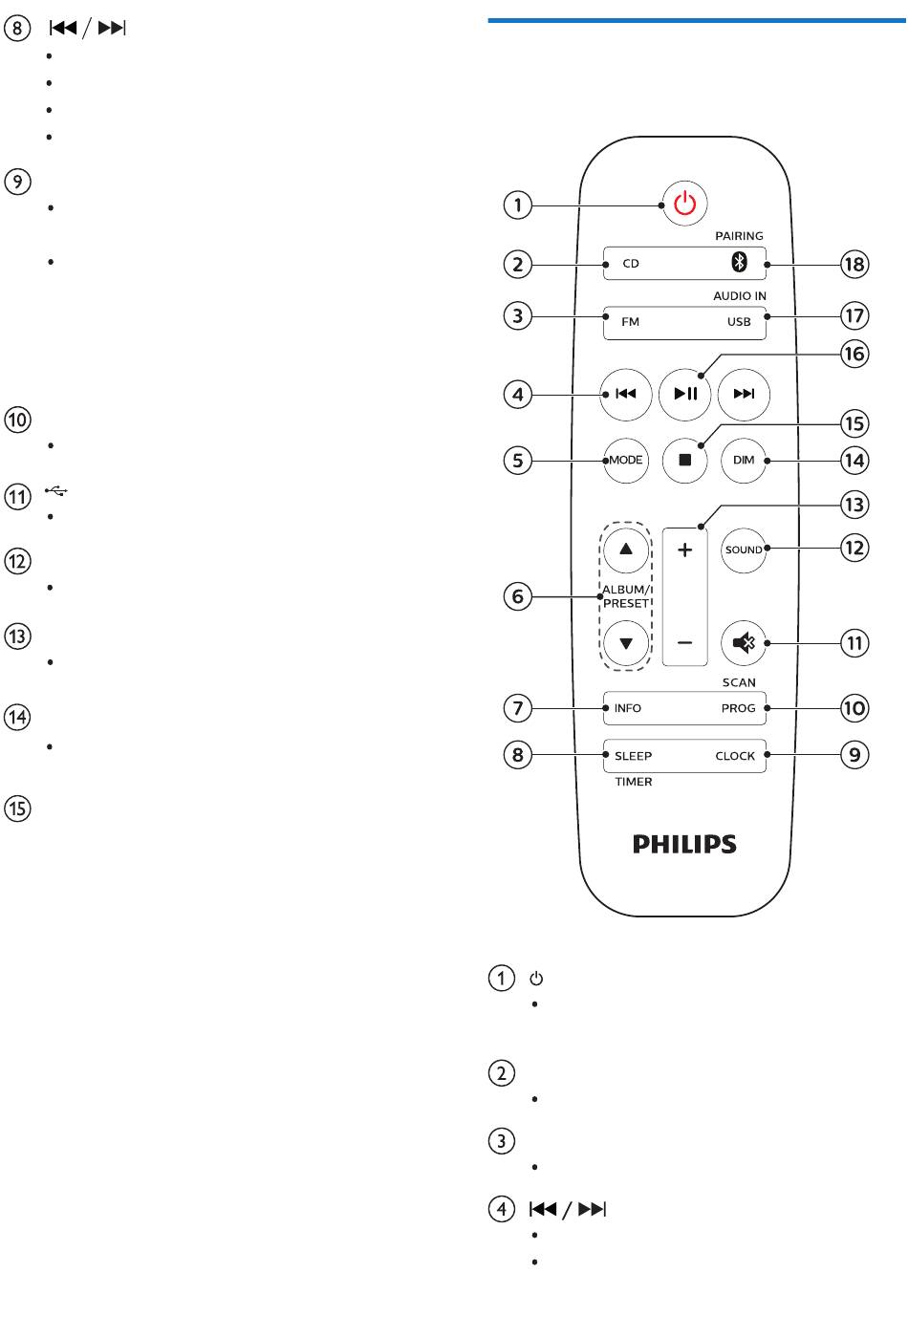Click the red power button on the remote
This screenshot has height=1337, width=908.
pyautogui.click(x=684, y=204)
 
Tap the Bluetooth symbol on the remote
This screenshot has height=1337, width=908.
pyautogui.click(x=738, y=263)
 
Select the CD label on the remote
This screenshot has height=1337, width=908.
pyautogui.click(x=631, y=264)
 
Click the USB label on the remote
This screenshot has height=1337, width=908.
pyautogui.click(x=739, y=322)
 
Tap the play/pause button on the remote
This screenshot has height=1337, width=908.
pyautogui.click(x=685, y=394)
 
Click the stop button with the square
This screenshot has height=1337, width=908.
pyautogui.click(x=685, y=460)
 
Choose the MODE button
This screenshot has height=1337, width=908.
pyautogui.click(x=626, y=460)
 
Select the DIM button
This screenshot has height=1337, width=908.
pyautogui.click(x=744, y=460)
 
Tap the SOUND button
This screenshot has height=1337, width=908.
pyautogui.click(x=744, y=550)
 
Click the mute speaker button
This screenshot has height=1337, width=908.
pyautogui.click(x=744, y=643)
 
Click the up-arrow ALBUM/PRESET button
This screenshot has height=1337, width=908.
pyautogui.click(x=626, y=550)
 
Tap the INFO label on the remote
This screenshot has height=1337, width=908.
pyautogui.click(x=628, y=708)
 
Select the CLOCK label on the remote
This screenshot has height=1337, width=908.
pyautogui.click(x=735, y=756)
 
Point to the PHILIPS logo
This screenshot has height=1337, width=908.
pyautogui.click(x=684, y=844)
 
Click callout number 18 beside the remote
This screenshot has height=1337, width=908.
pyautogui.click(x=854, y=264)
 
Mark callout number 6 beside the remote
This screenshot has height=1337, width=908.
pyautogui.click(x=517, y=597)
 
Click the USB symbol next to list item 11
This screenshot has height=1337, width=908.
pyautogui.click(x=56, y=492)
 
